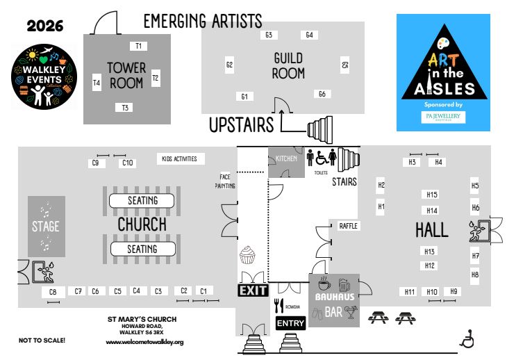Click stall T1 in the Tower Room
[139, 46]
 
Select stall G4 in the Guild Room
[309, 35]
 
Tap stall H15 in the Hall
[431, 195]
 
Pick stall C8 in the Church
[52, 293]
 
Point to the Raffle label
[348, 226]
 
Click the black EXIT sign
[253, 291]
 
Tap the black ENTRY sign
[290, 323]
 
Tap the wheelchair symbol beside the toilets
[322, 157]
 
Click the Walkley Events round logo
[45, 76]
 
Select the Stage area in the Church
[46, 225]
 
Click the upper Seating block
[142, 200]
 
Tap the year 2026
[45, 27]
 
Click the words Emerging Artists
[202, 19]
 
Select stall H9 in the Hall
[455, 291]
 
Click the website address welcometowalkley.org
[144, 342]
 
